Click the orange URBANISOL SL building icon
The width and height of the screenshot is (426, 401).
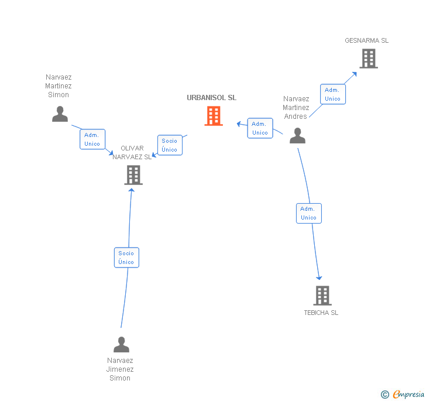(x=214, y=116)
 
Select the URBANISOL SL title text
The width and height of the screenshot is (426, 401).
(x=212, y=98)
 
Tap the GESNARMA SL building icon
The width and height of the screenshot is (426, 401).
(x=368, y=59)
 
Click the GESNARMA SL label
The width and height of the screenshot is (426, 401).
(x=367, y=40)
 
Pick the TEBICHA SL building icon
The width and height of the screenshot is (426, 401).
(x=322, y=296)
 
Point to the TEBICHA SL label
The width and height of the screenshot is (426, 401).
(x=321, y=313)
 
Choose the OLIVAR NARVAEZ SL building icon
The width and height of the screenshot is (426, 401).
(x=133, y=174)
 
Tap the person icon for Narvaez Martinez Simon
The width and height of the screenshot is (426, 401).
(x=60, y=114)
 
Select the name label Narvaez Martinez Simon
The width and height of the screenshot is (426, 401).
(x=59, y=85)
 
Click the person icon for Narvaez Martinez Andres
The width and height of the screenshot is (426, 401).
(x=298, y=136)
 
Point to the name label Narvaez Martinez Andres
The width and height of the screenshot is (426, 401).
(x=296, y=107)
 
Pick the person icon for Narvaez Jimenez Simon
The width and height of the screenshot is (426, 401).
(x=121, y=345)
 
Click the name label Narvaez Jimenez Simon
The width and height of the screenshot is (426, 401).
(x=120, y=369)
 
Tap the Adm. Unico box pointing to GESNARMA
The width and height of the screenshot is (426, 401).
(x=332, y=94)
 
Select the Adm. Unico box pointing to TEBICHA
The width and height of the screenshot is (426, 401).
(x=308, y=213)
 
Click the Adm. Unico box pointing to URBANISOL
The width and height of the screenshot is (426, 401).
(x=260, y=128)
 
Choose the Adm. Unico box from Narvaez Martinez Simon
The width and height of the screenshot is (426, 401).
(x=92, y=139)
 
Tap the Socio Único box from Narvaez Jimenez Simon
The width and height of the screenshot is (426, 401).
(x=126, y=258)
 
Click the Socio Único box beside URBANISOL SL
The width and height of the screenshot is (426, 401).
(x=170, y=145)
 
